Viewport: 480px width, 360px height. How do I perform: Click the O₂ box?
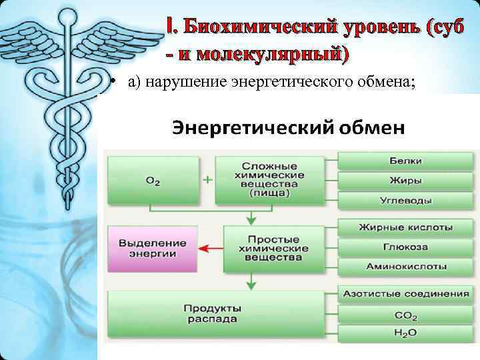[153, 180]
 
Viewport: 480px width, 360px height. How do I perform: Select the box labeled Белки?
[405, 161]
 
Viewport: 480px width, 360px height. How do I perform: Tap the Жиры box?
[405, 181]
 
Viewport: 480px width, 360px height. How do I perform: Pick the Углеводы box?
[405, 200]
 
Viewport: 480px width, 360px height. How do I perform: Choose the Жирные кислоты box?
[405, 227]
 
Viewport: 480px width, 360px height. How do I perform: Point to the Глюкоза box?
[405, 247]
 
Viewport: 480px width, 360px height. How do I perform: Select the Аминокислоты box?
[405, 266]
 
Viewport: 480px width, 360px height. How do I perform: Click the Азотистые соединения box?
[405, 294]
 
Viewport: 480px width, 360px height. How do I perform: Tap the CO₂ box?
[405, 313]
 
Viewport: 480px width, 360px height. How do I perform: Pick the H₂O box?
[405, 332]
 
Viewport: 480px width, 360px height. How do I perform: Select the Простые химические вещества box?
[269, 248]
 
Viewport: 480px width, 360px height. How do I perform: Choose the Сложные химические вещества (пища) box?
[269, 180]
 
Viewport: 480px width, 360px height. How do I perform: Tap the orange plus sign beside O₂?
[207, 180]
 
